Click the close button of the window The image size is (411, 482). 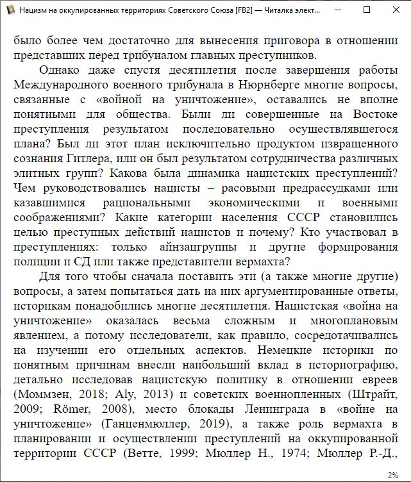pos(396,11)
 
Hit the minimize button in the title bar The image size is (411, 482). pos(337,11)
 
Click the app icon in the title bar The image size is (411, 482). pos(10,11)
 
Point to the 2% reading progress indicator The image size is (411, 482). pos(392,475)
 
